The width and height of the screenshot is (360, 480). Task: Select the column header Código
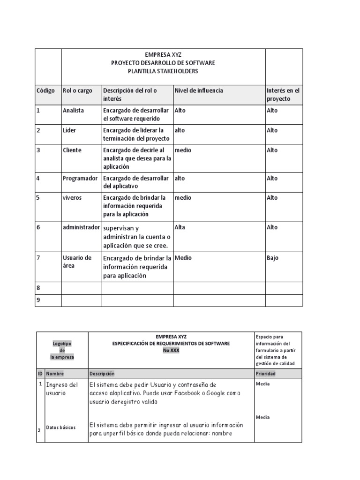(x=45, y=90)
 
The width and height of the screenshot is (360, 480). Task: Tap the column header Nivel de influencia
(x=199, y=90)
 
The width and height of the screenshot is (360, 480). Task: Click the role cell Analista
(x=73, y=111)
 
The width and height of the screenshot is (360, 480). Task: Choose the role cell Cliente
(x=72, y=150)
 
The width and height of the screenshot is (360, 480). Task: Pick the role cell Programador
(x=80, y=178)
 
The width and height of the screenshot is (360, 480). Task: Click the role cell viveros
(x=72, y=198)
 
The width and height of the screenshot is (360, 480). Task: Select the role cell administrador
(x=81, y=227)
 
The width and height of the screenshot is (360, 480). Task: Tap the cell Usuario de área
(x=77, y=262)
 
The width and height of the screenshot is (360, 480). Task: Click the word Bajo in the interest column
(x=272, y=258)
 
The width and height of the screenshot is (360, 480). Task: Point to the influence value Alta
(x=180, y=227)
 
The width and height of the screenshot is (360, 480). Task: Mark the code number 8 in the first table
(x=38, y=288)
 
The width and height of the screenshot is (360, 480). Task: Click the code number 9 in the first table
(x=38, y=300)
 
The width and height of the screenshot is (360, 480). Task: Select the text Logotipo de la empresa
(x=62, y=350)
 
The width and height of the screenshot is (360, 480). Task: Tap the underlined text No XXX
(x=171, y=350)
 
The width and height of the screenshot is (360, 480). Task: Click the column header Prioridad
(x=265, y=374)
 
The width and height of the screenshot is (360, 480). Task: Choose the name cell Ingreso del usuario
(x=62, y=389)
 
